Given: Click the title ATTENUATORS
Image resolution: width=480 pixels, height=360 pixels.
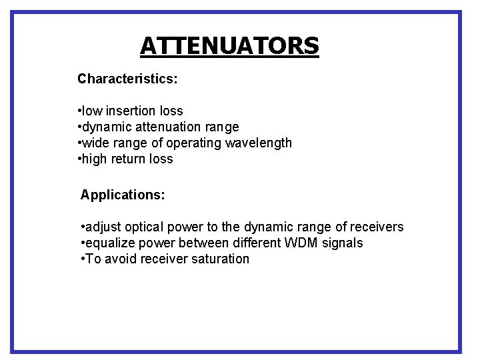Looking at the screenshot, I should click(x=229, y=46).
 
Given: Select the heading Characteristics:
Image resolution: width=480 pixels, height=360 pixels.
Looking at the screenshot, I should click(x=127, y=79).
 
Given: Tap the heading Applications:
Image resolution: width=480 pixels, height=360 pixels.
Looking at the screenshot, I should click(x=123, y=195).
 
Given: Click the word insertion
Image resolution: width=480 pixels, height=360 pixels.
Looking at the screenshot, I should click(x=132, y=111).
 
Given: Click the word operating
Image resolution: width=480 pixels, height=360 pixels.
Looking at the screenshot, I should click(x=194, y=143).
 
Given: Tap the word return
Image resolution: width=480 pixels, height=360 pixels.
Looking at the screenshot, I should click(x=133, y=159).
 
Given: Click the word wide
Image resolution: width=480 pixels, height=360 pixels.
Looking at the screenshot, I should click(x=96, y=143).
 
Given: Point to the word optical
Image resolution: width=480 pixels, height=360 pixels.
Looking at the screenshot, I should click(x=145, y=227).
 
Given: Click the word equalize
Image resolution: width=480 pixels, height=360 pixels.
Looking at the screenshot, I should click(x=109, y=243).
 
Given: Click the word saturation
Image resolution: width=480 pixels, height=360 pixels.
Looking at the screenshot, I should click(x=217, y=259).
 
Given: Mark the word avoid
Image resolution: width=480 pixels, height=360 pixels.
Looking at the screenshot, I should click(x=119, y=259).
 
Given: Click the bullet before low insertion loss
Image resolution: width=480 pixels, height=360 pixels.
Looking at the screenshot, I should click(x=79, y=111).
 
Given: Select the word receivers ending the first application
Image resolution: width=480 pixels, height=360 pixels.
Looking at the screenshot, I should click(x=377, y=227).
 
